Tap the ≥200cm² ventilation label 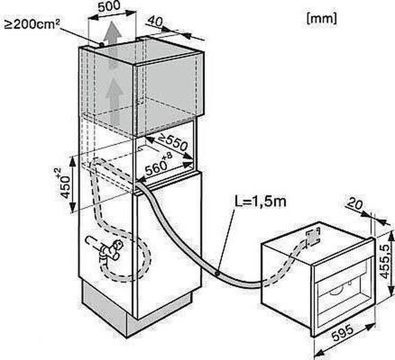tap(30, 24)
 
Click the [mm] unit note tap(321, 18)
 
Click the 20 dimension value tap(355, 205)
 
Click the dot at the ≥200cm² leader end tap(102, 44)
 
